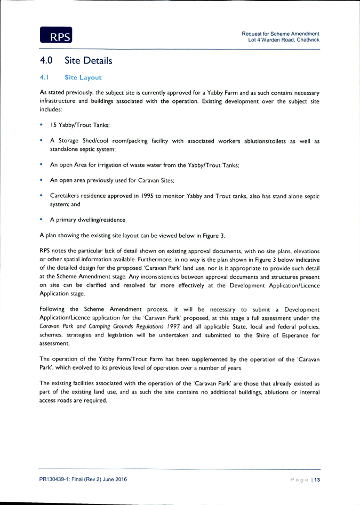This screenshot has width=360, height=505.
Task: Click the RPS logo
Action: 56,35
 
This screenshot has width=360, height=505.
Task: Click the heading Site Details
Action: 88,61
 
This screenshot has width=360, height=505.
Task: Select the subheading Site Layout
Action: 83,77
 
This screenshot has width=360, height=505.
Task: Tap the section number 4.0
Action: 46,61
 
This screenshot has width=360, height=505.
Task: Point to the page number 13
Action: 317,479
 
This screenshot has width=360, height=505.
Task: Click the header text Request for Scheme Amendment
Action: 281,34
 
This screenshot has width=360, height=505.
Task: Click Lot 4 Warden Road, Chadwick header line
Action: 284,39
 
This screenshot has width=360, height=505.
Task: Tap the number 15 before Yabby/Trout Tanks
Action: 53,125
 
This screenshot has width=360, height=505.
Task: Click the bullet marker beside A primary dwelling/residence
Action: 41,219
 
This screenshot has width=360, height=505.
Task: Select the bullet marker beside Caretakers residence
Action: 41,195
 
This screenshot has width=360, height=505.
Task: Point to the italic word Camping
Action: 99,326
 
